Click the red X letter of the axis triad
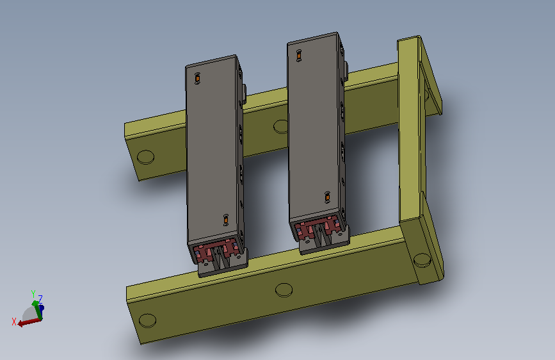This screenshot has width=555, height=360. coord(14,322)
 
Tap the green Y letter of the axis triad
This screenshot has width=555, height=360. coord(33,294)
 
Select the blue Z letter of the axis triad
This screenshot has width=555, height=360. coord(40,299)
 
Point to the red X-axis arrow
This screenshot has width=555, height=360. coord(29,322)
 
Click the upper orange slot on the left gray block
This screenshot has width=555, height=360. coord(198,78)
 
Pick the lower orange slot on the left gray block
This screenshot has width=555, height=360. coord(226,220)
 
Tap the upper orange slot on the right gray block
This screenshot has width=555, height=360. coord(299,56)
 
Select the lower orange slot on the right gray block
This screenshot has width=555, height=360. coord(327,197)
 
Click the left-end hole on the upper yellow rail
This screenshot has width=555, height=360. coord(145,158)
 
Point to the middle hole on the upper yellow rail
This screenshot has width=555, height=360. coord(280,127)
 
